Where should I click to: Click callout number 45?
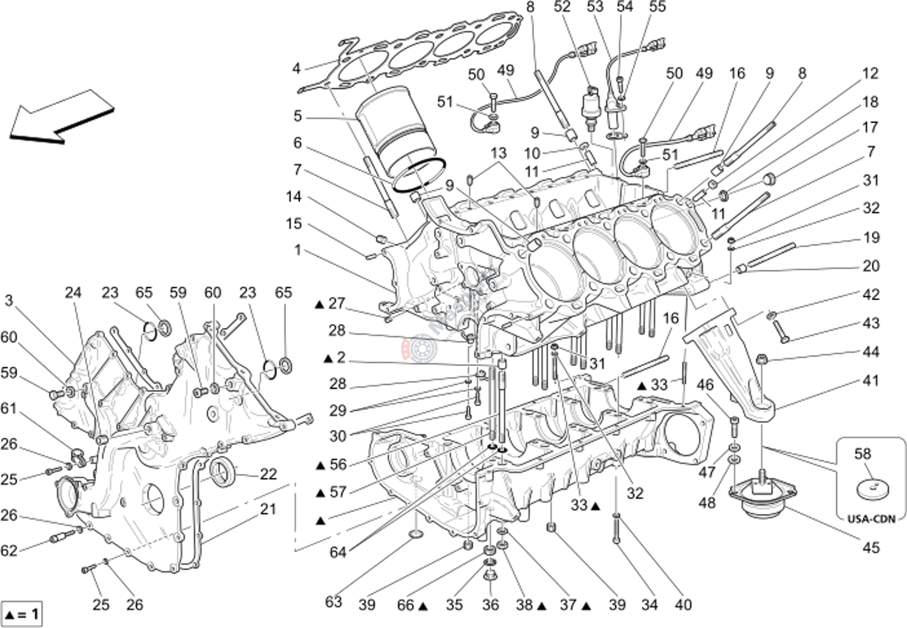pos(871,547)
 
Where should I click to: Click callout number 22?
pos(268,474)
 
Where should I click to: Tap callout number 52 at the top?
pos(562,7)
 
